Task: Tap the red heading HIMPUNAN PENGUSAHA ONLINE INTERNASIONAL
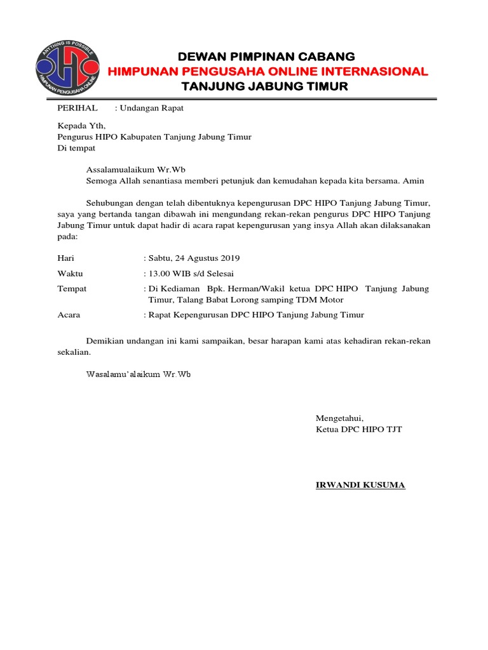point(267,71)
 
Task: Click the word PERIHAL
point(78,108)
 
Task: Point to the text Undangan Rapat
point(151,108)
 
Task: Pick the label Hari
point(66,258)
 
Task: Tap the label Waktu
point(70,274)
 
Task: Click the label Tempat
point(72,289)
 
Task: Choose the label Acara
point(69,315)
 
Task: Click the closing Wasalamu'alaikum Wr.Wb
point(139,374)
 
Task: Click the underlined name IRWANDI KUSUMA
point(360,486)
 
